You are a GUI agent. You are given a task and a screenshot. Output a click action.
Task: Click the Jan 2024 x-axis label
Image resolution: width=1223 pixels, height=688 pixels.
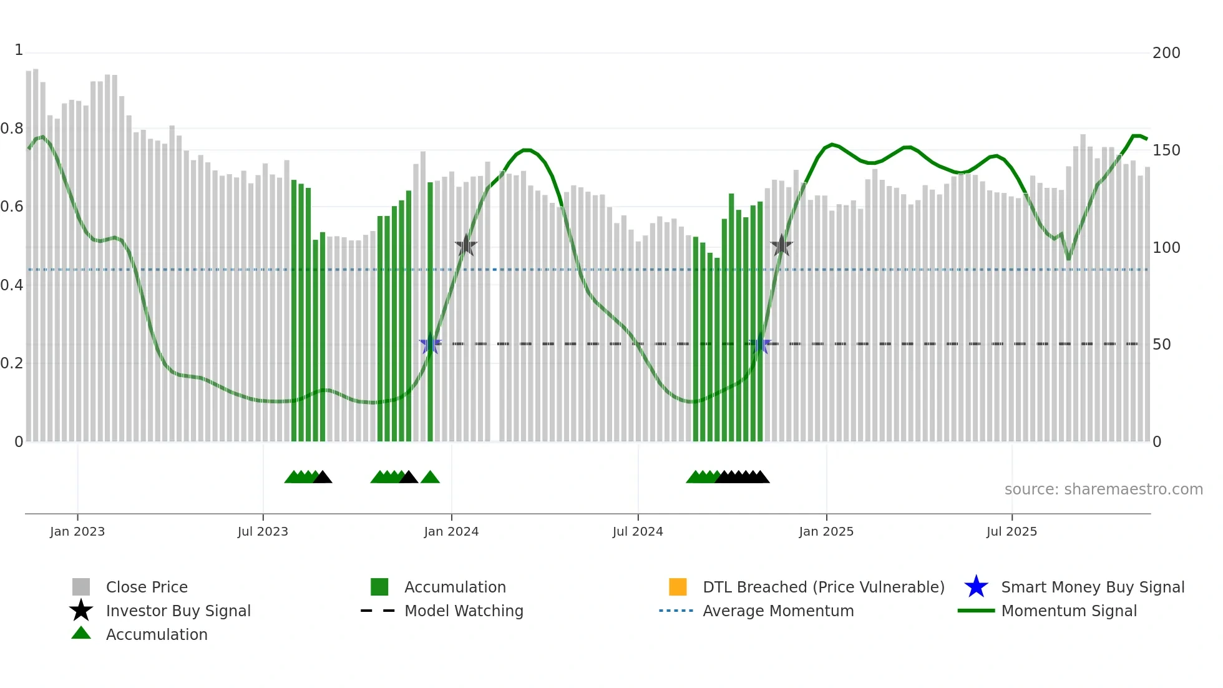(x=451, y=531)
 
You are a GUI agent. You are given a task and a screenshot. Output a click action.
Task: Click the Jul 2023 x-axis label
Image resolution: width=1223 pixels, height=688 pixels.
(x=263, y=531)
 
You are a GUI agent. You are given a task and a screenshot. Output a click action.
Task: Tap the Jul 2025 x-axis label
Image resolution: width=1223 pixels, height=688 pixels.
(x=1011, y=531)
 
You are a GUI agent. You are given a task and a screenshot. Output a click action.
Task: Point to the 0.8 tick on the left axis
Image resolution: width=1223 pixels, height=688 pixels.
(x=12, y=129)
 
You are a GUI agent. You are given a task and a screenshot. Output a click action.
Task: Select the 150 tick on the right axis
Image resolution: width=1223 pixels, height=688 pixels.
(x=1166, y=150)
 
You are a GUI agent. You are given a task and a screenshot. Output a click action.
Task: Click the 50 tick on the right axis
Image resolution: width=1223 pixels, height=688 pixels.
(x=1161, y=345)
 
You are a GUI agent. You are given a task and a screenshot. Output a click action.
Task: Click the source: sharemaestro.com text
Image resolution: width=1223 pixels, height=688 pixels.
(x=1103, y=489)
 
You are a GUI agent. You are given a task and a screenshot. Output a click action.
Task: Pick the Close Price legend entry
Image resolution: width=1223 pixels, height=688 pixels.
(x=147, y=587)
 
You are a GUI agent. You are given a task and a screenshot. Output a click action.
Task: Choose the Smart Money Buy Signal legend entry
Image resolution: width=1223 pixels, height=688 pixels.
(x=1092, y=587)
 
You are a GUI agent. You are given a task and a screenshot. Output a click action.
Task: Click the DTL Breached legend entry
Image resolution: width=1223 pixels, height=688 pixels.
(x=823, y=587)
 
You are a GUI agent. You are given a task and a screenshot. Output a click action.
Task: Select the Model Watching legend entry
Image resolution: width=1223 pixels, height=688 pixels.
(x=464, y=611)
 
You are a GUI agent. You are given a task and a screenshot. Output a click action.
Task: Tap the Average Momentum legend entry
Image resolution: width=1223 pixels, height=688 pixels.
(x=777, y=611)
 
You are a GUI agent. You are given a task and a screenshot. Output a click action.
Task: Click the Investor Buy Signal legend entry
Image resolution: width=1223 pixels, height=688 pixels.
(x=178, y=611)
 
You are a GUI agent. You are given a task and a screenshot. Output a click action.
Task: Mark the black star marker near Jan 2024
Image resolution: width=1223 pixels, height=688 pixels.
(x=465, y=246)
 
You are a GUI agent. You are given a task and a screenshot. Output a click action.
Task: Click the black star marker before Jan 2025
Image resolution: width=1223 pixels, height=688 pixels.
(x=781, y=246)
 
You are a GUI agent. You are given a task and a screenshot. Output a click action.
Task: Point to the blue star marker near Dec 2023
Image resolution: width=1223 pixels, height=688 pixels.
(x=430, y=344)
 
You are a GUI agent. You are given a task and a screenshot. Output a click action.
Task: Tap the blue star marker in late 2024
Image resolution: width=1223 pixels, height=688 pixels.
(x=759, y=344)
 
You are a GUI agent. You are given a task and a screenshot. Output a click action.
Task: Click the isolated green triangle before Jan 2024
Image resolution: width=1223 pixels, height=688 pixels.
(x=430, y=478)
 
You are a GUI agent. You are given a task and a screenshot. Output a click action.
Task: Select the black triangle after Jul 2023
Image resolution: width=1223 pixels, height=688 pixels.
(x=323, y=478)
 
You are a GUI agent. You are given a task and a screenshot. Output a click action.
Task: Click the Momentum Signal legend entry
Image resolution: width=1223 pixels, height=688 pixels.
(x=1068, y=611)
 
